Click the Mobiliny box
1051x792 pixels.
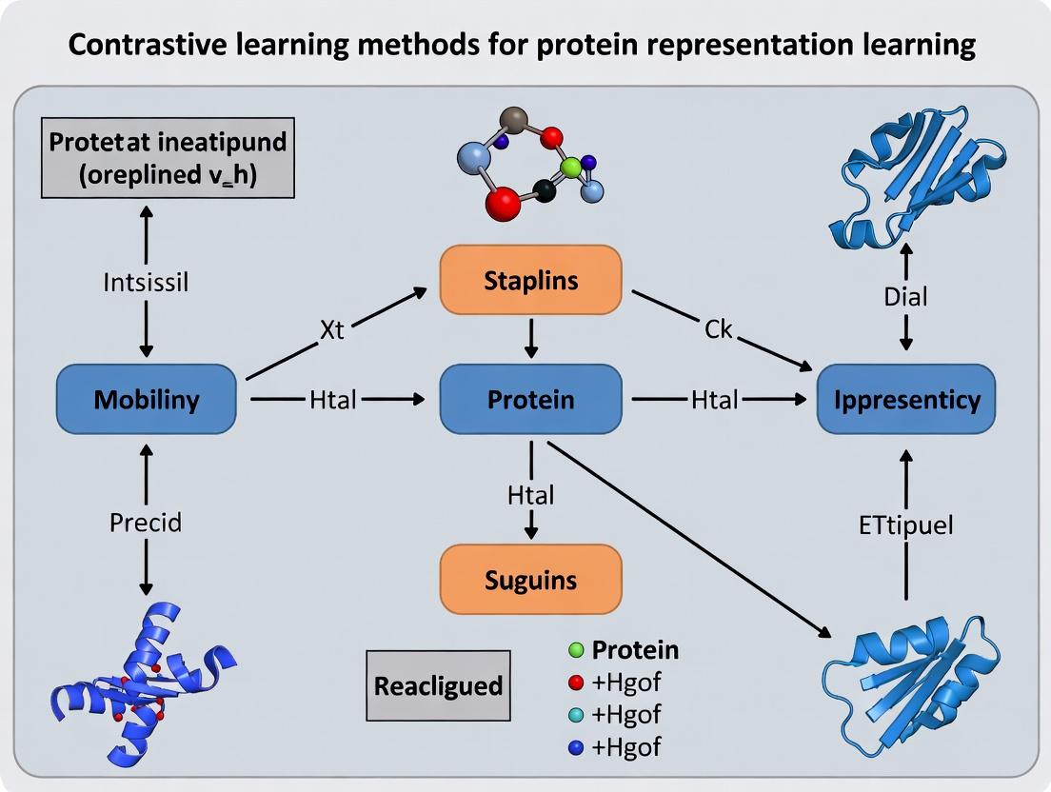point(147,399)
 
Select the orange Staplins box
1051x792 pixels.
point(530,279)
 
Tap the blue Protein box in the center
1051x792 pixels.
point(530,399)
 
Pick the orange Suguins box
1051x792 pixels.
point(530,579)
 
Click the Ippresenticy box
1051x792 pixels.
point(906,399)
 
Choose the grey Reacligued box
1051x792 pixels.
point(439,685)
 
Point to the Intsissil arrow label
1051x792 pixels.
point(147,282)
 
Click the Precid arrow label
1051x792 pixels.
point(146,522)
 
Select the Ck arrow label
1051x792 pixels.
point(719,329)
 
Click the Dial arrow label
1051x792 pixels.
point(905,297)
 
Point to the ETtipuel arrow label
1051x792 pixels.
point(905,525)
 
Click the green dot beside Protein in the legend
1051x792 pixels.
point(574,651)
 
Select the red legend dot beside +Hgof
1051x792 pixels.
point(574,683)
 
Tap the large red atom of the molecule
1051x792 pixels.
point(502,203)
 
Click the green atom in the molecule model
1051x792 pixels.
point(571,168)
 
